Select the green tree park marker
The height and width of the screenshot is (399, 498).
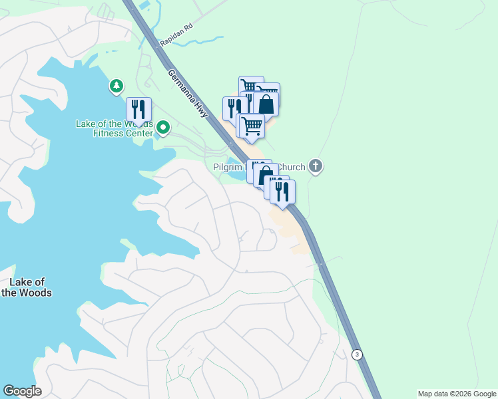click(x=117, y=86)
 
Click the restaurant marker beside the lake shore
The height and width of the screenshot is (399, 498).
click(x=138, y=109)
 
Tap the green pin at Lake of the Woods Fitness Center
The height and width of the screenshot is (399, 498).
click(x=162, y=126)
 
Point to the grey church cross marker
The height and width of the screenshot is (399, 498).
click(x=316, y=166)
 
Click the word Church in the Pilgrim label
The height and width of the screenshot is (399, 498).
click(x=290, y=167)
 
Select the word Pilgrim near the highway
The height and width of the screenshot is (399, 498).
click(x=230, y=167)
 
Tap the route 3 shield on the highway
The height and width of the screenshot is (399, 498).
click(x=358, y=354)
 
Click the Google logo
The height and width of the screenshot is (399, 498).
click(x=22, y=391)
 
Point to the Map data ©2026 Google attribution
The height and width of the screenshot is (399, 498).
click(x=456, y=394)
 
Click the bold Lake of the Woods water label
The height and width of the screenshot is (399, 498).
click(x=27, y=287)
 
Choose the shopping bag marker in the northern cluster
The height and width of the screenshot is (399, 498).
click(x=266, y=104)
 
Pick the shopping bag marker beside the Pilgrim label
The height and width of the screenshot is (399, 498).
click(x=265, y=176)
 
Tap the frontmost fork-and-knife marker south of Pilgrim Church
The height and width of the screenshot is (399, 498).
click(x=282, y=192)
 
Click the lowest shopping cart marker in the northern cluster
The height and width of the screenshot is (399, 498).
click(x=252, y=125)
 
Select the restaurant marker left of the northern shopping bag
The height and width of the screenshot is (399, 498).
click(x=234, y=108)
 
